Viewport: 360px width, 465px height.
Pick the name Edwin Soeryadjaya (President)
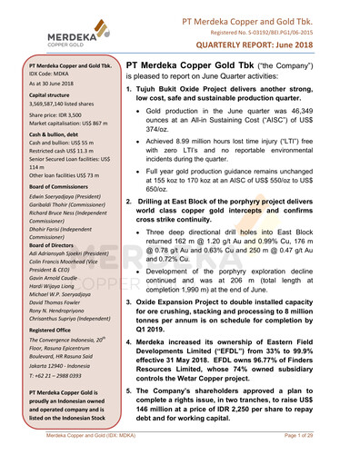point(68,211)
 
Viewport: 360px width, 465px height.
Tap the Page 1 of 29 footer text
point(326,456)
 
